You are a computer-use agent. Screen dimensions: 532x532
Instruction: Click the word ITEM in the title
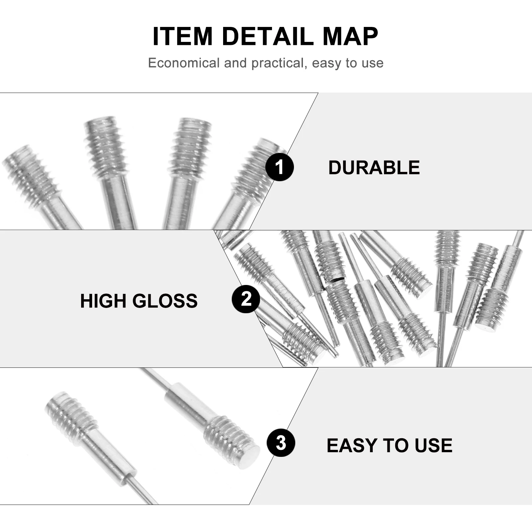point(183,36)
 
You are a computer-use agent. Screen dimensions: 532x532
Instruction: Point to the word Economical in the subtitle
point(184,63)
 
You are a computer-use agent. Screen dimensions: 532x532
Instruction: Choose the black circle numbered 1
point(279,167)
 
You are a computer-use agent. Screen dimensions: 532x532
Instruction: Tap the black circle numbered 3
point(281,443)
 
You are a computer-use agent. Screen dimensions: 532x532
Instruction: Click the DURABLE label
point(374,167)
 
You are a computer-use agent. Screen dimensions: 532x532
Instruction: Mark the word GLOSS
point(165,301)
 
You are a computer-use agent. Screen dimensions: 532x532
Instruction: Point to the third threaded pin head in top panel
point(190,146)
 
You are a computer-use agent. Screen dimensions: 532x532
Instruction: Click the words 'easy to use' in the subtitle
point(348,63)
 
